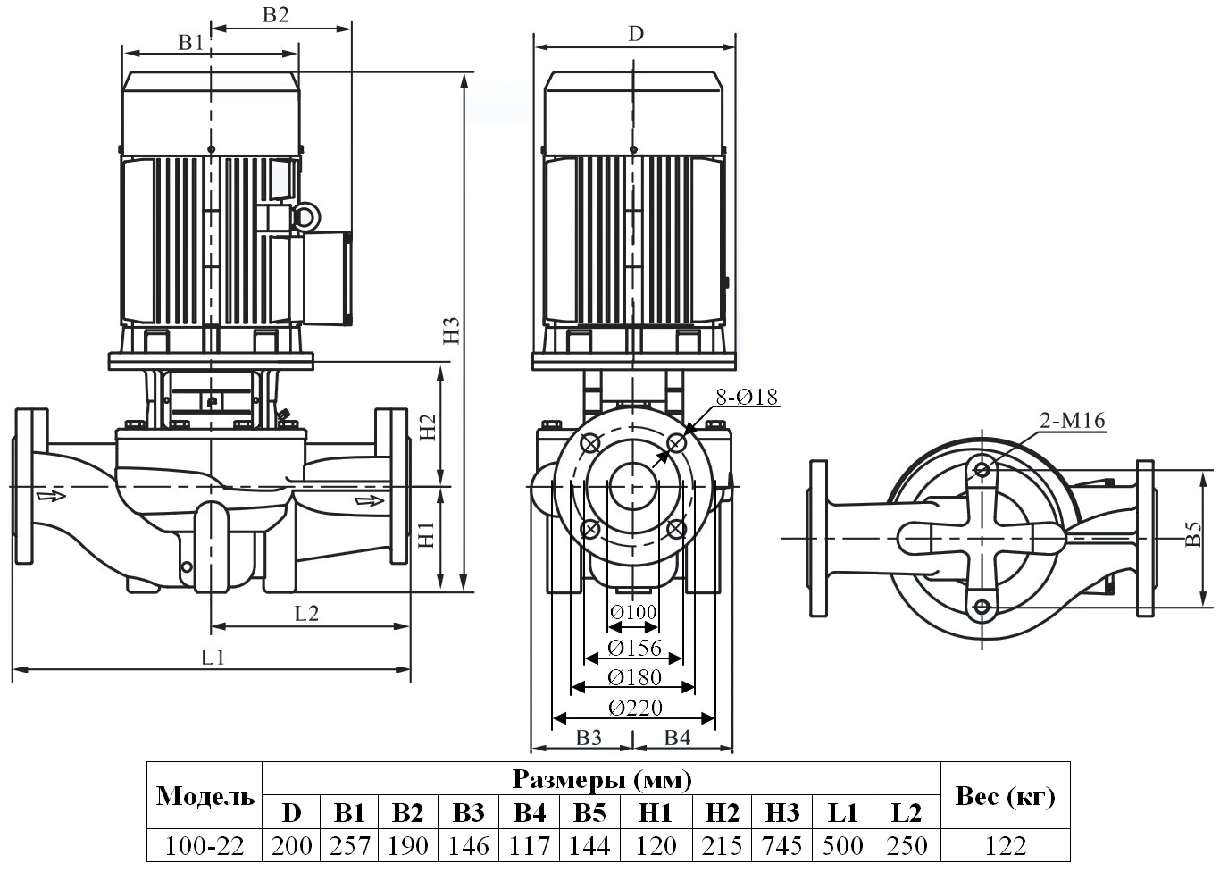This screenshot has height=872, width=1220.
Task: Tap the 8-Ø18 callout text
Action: click(x=747, y=398)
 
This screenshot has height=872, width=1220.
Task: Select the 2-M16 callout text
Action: click(x=1072, y=421)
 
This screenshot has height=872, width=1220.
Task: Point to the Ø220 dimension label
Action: click(x=635, y=708)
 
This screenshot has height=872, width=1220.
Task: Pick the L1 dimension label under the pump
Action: click(x=213, y=658)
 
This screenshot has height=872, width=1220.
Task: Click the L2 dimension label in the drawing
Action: click(x=306, y=613)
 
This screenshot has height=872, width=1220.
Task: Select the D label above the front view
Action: click(x=635, y=34)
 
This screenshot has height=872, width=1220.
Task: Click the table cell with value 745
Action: click(x=782, y=844)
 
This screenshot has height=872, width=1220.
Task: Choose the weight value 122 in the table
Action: click(x=1005, y=844)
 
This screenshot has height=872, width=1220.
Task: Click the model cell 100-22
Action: click(x=205, y=844)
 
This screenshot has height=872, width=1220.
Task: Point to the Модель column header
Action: click(x=205, y=796)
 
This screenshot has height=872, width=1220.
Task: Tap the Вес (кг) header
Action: click(x=1005, y=796)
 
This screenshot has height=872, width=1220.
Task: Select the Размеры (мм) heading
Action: click(x=601, y=780)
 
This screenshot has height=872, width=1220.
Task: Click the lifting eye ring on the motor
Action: click(x=305, y=215)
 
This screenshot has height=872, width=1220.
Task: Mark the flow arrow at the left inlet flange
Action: click(x=51, y=495)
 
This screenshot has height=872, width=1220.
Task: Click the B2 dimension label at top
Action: click(x=276, y=15)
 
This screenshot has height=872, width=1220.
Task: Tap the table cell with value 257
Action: click(x=350, y=844)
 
